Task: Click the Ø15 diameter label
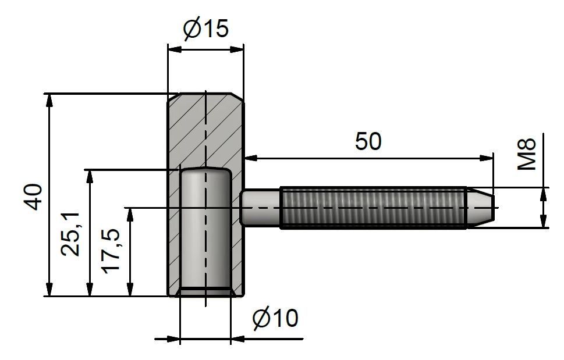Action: pyautogui.click(x=205, y=28)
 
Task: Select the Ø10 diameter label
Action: pyautogui.click(x=275, y=318)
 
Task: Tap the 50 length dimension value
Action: pyautogui.click(x=368, y=141)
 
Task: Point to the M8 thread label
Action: pyautogui.click(x=527, y=154)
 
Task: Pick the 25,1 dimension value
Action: pyautogui.click(x=70, y=234)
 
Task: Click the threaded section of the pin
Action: pyautogui.click(x=373, y=208)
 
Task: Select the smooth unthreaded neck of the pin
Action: pyautogui.click(x=260, y=208)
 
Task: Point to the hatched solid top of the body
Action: pyautogui.click(x=205, y=130)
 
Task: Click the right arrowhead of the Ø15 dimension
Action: pyautogui.click(x=237, y=49)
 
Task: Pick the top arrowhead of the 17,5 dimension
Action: pyautogui.click(x=131, y=215)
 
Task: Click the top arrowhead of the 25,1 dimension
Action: pyautogui.click(x=90, y=176)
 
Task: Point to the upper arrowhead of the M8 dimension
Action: pyautogui.click(x=543, y=194)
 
